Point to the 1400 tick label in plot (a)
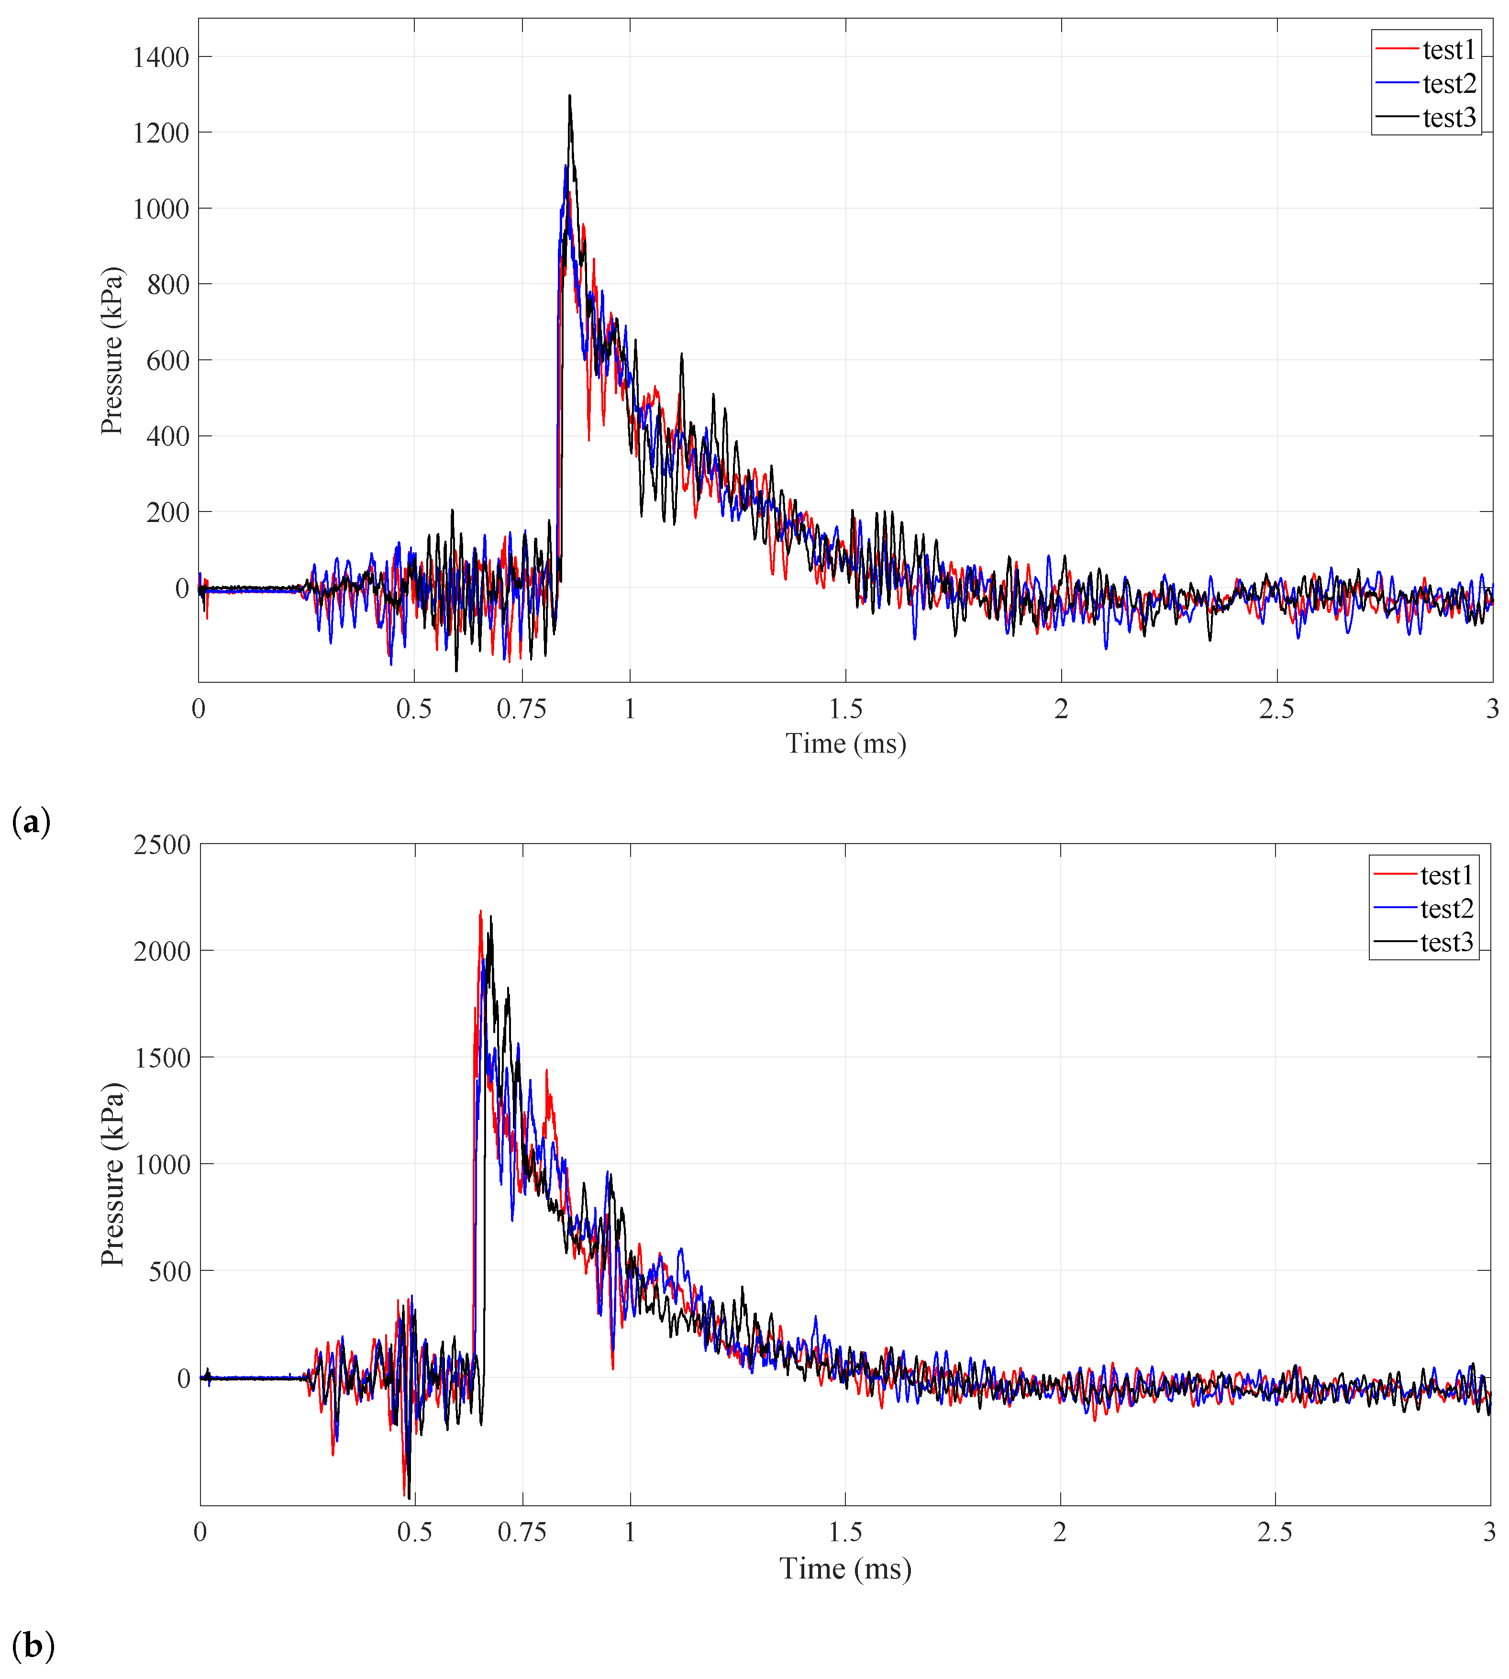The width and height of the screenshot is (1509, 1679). point(161,57)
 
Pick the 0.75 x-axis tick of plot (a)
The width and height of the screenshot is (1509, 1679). point(521,709)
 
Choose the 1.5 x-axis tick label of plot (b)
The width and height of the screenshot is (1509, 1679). point(845,1532)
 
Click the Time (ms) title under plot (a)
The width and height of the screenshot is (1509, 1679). point(846,744)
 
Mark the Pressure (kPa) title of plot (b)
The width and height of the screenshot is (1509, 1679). point(112,1174)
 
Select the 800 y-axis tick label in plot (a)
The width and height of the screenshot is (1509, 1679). point(168,284)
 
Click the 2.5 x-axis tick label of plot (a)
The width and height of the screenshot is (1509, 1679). point(1276,709)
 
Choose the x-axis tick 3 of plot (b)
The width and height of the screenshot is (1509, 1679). point(1489,1532)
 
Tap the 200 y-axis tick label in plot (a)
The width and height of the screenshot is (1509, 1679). point(168,512)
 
